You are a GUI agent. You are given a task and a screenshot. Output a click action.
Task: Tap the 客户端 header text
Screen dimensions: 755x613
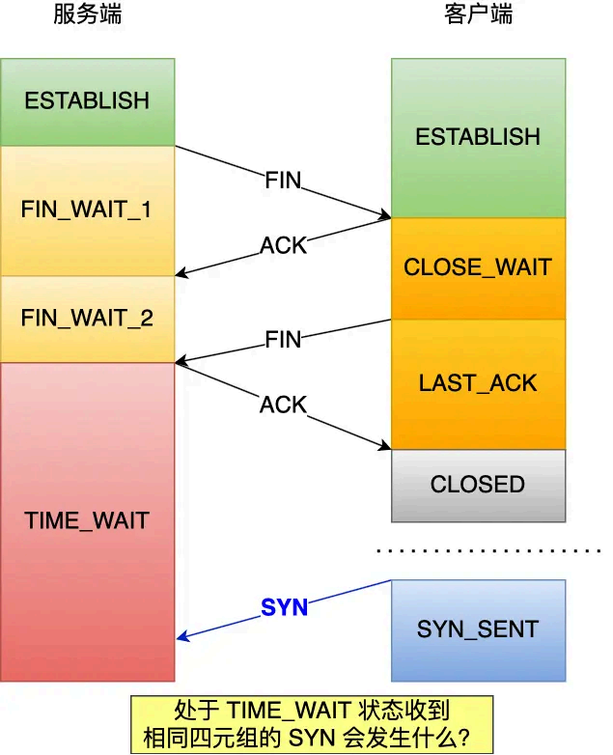pyautogui.click(x=478, y=14)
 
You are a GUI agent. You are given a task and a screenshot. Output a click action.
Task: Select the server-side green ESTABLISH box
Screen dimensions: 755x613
pyautogui.click(x=87, y=101)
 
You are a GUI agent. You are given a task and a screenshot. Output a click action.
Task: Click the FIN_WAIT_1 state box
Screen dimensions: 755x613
pyautogui.click(x=87, y=210)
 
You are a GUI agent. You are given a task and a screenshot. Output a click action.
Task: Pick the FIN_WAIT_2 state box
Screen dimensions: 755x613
pyautogui.click(x=87, y=318)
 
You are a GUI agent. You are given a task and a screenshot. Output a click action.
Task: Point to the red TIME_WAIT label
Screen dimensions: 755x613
pyautogui.click(x=87, y=521)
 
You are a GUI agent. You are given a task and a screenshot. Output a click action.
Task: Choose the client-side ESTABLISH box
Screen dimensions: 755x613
pyautogui.click(x=478, y=137)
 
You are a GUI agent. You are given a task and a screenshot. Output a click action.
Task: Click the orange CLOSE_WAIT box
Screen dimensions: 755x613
pyautogui.click(x=478, y=267)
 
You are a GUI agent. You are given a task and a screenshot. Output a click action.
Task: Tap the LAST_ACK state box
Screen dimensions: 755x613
pyautogui.click(x=478, y=382)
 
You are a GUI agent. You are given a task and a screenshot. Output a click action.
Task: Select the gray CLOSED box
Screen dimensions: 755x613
pyautogui.click(x=478, y=485)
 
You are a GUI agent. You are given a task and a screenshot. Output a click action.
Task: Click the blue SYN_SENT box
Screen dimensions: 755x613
pyautogui.click(x=478, y=630)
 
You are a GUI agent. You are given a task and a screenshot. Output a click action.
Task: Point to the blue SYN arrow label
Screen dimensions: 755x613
pyautogui.click(x=284, y=607)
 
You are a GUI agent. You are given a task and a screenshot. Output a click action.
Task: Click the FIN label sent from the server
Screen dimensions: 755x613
pyautogui.click(x=283, y=181)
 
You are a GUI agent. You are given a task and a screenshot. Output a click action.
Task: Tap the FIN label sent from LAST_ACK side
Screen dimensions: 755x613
pyautogui.click(x=283, y=339)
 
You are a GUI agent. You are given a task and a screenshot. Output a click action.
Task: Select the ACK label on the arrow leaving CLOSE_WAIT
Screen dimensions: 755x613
pyautogui.click(x=283, y=246)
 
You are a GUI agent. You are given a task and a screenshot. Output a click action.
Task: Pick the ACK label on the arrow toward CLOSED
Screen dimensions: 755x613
pyautogui.click(x=283, y=405)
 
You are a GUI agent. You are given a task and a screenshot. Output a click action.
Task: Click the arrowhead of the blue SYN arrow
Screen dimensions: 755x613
pyautogui.click(x=181, y=637)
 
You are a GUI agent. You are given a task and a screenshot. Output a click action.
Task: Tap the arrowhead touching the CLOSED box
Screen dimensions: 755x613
pyautogui.click(x=386, y=446)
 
